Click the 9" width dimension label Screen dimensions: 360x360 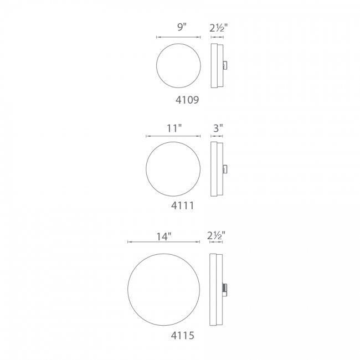click(181, 27)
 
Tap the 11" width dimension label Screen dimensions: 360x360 click(174, 128)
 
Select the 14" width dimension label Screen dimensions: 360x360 click(164, 236)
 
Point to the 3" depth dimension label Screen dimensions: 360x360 click(218, 128)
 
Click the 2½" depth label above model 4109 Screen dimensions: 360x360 click(218, 28)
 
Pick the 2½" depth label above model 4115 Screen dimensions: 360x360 click(216, 235)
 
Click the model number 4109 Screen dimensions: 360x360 click(187, 100)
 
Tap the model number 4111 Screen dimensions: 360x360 click(183, 205)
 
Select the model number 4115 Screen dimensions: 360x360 click(183, 336)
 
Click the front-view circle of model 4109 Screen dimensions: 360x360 click(157, 66)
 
